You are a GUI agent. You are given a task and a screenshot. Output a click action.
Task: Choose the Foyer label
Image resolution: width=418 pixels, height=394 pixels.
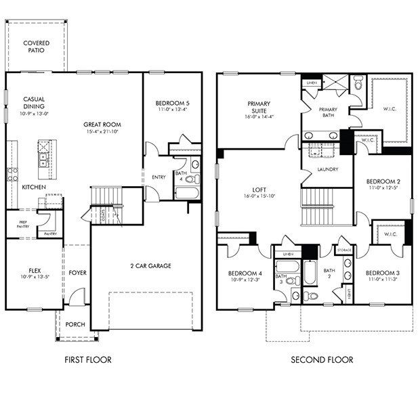click(77, 273)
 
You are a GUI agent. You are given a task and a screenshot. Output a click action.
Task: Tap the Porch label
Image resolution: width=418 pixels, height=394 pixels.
click(75, 324)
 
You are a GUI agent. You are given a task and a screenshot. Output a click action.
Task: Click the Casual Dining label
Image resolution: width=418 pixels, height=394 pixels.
click(34, 102)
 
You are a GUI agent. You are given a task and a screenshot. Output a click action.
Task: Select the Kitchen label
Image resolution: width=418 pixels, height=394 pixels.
click(33, 187)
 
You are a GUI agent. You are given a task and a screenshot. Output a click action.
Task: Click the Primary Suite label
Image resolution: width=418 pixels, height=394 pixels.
click(259, 108)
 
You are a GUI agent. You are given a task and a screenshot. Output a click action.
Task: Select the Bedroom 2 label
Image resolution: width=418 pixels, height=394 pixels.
click(383, 181)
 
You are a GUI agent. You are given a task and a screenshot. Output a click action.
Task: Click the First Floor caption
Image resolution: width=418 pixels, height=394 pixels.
click(88, 360)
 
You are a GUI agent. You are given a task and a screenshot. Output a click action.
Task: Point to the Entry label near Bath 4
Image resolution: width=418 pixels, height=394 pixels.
click(159, 177)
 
